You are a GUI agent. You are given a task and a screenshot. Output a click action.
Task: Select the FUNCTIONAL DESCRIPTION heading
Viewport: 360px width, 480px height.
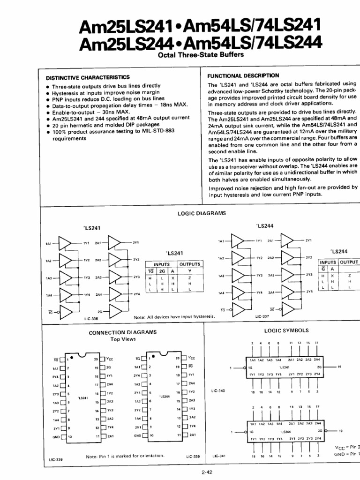coord(243,75)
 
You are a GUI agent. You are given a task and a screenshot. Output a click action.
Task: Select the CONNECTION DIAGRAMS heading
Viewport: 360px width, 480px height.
coord(122,332)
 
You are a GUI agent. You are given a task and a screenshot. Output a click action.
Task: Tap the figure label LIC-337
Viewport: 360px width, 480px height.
coord(262,316)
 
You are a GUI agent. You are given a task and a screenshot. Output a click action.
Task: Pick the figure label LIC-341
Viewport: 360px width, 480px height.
coord(219,456)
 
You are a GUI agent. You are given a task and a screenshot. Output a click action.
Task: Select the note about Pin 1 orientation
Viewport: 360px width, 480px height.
coord(125,456)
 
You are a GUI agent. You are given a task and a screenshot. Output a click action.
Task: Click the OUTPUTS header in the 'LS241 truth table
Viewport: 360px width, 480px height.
coord(189,264)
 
